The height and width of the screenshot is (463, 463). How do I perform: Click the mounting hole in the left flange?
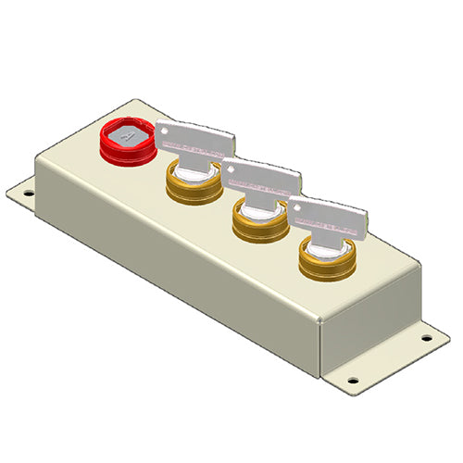click(x=29, y=194)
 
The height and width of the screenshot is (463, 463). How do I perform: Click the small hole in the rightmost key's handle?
click(x=297, y=206)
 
